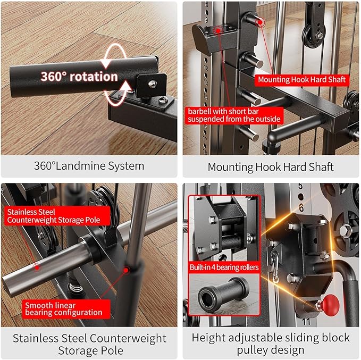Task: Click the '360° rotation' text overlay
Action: tap(79, 76)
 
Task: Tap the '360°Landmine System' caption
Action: tap(89, 166)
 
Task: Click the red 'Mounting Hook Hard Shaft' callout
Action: tap(302, 80)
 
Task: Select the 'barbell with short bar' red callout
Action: tap(233, 115)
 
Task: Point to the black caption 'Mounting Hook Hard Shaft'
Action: tap(271, 167)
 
